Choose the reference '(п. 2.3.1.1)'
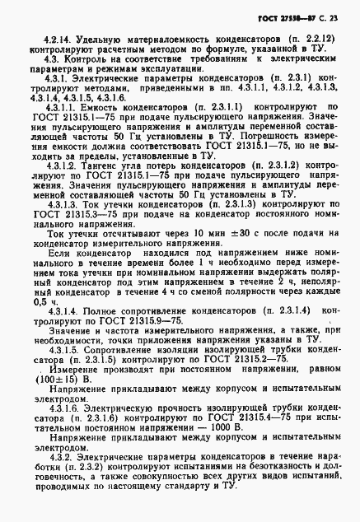click(213, 109)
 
